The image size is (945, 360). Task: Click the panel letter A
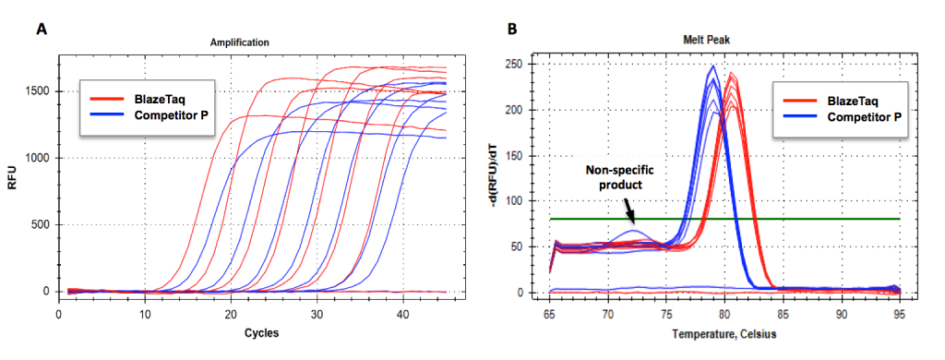pyautogui.click(x=42, y=29)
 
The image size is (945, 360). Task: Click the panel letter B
pyautogui.click(x=513, y=29)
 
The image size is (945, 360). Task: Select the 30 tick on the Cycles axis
pyautogui.click(x=317, y=315)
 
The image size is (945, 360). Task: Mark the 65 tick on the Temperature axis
pyautogui.click(x=551, y=315)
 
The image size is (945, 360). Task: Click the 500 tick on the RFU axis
pyautogui.click(x=40, y=224)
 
